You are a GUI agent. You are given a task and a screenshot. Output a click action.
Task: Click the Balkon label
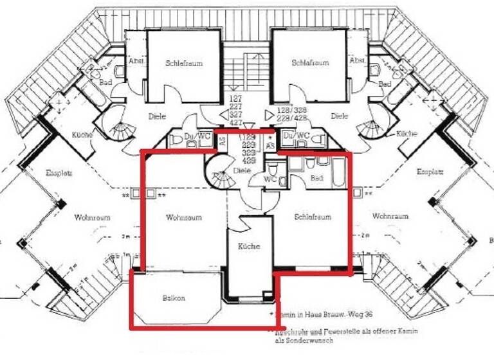173,298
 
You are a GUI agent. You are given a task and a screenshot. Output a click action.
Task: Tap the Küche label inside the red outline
248,247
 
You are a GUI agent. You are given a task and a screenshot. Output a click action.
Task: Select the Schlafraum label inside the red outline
313,217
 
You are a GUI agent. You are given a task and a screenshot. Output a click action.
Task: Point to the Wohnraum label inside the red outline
183,217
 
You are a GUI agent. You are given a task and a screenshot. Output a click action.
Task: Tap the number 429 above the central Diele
248,161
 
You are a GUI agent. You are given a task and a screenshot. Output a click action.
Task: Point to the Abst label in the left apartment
136,60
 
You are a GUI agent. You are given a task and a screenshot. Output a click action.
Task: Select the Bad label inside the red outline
316,178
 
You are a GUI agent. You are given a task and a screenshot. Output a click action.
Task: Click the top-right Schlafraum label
310,63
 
